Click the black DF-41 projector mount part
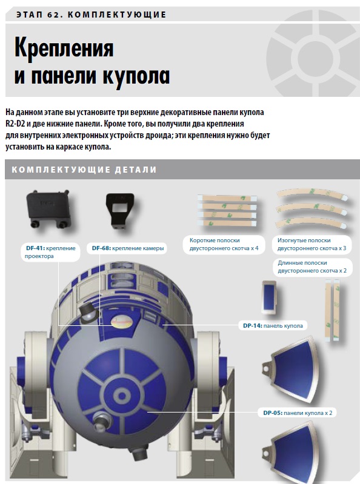48,208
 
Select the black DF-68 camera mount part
121,211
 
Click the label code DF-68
101,248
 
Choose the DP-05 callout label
298,413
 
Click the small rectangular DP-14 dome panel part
269,297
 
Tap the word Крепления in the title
64,48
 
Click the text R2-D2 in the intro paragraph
15,124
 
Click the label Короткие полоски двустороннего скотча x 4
224,245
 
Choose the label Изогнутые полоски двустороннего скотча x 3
312,245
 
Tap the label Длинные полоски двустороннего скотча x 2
312,267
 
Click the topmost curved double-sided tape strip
312,194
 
